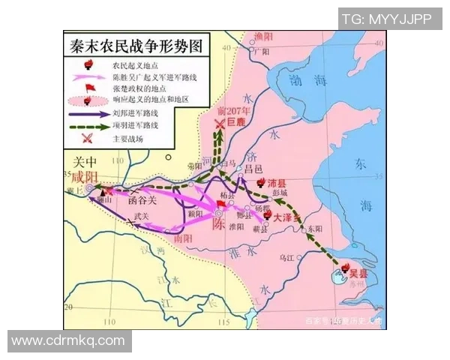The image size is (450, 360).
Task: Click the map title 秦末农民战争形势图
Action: click(135, 44)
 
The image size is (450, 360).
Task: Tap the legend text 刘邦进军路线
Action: click(134, 113)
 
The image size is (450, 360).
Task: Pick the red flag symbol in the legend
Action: click(87, 87)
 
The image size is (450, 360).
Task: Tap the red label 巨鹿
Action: click(236, 121)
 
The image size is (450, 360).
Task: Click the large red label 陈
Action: click(218, 224)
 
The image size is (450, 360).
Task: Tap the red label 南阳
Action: click(183, 238)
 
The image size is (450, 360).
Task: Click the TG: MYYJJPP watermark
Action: click(386, 19)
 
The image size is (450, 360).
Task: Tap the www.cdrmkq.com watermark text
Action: click(68, 340)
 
